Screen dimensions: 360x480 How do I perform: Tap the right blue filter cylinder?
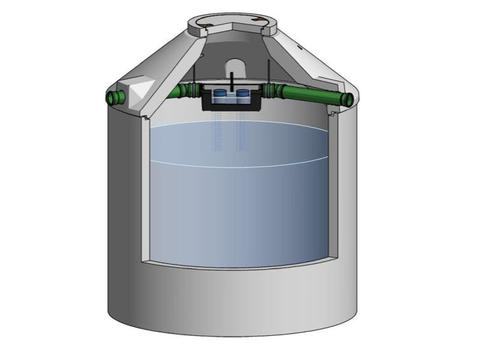point(243,97)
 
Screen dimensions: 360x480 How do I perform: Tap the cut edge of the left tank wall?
point(145,192)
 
